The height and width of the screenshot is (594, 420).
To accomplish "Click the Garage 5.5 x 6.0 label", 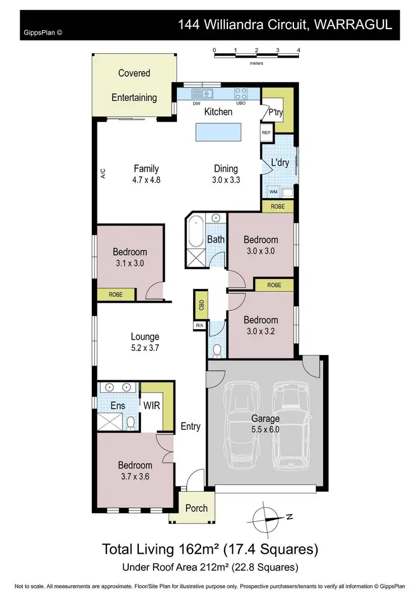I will click(x=265, y=424).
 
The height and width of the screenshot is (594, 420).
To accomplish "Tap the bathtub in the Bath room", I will click(x=196, y=231).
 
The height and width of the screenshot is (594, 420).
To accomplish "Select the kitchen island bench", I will click(x=218, y=133).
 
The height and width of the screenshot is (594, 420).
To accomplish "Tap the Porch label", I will click(x=196, y=508).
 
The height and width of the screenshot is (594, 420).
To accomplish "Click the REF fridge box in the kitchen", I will click(x=266, y=133).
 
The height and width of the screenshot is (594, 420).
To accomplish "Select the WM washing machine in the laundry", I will click(x=273, y=192).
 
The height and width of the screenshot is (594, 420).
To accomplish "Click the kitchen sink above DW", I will click(x=200, y=93).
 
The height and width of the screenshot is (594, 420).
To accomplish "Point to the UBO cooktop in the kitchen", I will click(x=241, y=93).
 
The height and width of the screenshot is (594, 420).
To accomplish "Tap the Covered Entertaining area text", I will click(x=134, y=85).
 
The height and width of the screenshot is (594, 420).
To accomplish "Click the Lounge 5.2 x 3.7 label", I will click(x=145, y=342).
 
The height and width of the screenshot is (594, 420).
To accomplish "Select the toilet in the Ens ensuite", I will click(x=130, y=423).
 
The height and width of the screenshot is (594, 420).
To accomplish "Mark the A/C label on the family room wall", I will click(x=103, y=174).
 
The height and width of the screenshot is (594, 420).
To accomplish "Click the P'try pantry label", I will click(x=276, y=112).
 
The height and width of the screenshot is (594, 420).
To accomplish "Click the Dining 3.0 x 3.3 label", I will click(x=226, y=174).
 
